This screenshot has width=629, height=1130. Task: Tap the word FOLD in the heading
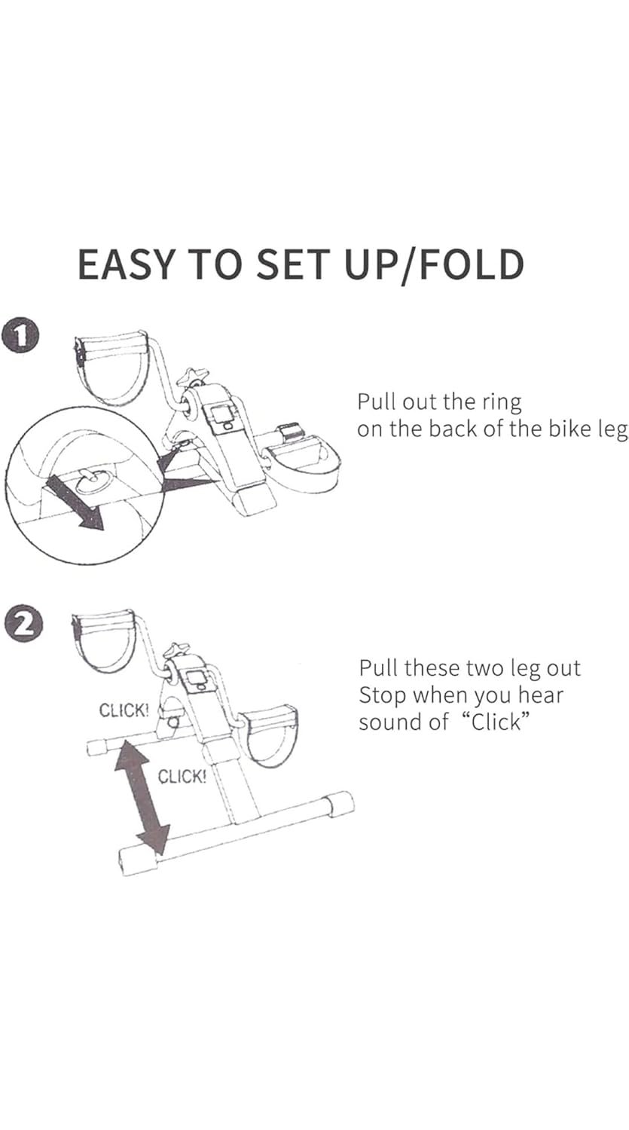(x=471, y=264)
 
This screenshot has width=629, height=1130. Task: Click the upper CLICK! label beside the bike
(x=124, y=710)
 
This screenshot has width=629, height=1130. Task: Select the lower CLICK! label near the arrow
(x=182, y=777)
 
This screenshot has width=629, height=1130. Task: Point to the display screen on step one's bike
(x=221, y=414)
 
